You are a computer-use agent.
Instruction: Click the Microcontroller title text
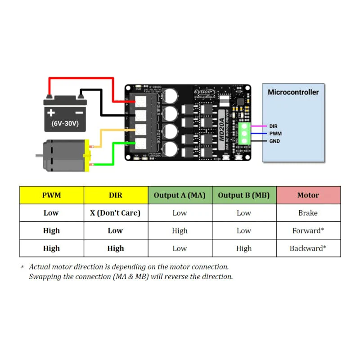click(293, 92)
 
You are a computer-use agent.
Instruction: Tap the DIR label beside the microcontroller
click(273, 126)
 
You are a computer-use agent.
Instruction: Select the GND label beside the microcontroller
click(274, 141)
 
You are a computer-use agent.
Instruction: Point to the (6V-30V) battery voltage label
click(65, 123)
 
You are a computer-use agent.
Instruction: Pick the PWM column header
click(51, 195)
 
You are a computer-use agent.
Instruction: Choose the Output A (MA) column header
click(180, 195)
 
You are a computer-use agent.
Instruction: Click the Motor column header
click(308, 195)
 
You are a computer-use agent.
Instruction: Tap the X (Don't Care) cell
click(115, 213)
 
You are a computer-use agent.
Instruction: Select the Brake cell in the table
click(308, 213)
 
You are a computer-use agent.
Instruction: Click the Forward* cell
click(308, 230)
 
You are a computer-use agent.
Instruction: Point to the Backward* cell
click(308, 248)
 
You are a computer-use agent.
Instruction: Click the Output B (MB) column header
click(243, 195)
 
